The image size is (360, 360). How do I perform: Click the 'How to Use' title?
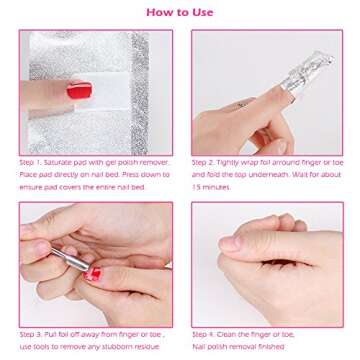tap(180, 12)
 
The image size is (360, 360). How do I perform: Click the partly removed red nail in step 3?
tap(93, 273)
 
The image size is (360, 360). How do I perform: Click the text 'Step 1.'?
tap(30, 162)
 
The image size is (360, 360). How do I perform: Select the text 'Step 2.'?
tap(203, 162)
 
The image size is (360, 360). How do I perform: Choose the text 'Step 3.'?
tap(30, 335)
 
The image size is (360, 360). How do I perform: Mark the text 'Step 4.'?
tap(203, 335)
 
